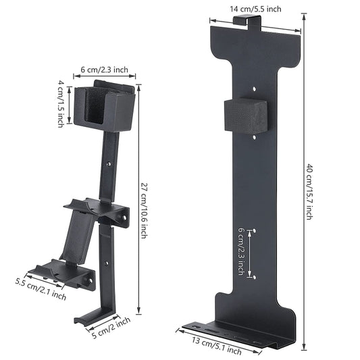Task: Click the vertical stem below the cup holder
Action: click(x=111, y=165)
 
